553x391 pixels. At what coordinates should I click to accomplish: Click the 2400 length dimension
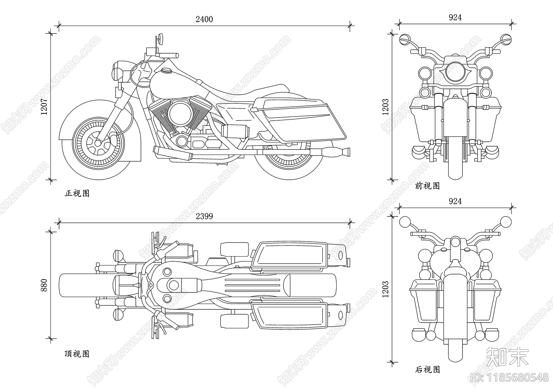(x=204, y=19)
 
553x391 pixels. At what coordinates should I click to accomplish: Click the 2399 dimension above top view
(x=204, y=216)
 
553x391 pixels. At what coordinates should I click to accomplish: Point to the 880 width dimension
(x=44, y=285)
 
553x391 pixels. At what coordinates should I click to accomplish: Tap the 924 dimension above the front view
(x=455, y=17)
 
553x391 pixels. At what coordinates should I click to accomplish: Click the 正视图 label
(x=77, y=193)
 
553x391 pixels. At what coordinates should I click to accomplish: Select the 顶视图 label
(x=77, y=354)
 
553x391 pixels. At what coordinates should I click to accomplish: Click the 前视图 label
(x=428, y=186)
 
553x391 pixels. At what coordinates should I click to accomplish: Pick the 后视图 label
(x=428, y=370)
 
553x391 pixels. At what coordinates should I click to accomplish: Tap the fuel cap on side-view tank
(x=167, y=71)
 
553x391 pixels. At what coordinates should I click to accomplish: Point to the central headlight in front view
(x=455, y=72)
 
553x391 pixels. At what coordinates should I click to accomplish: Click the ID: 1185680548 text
(x=510, y=377)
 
